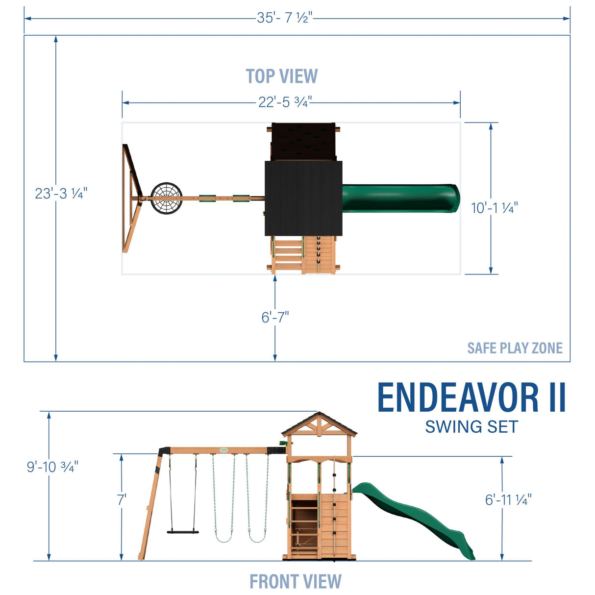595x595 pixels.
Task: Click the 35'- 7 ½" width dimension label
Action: pos(284,18)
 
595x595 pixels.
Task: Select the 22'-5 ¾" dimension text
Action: pos(285,102)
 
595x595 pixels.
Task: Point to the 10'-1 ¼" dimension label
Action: pos(494,208)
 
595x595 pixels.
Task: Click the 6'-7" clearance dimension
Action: pos(275,318)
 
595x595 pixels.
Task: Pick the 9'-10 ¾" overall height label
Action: pos(52,467)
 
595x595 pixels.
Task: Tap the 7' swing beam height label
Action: pos(121,500)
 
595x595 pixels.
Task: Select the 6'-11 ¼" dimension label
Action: pos(508,500)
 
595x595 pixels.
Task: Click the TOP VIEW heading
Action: pos(282,76)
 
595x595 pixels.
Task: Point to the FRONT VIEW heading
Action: pos(295,582)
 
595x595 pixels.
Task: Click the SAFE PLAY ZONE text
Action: pos(515,348)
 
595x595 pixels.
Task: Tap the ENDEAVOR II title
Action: pos(471,397)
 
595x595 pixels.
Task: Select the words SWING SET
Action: pos(471,427)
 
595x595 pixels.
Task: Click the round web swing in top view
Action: pos(166,198)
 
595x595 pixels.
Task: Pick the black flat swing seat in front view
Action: pos(183,531)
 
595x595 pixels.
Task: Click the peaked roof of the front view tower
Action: pos(319,423)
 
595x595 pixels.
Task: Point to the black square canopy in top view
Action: pos(303,198)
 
